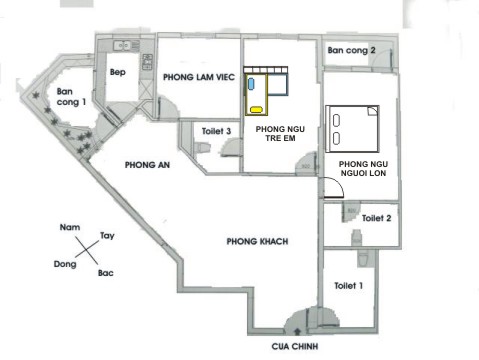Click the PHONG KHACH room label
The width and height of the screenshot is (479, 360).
click(x=257, y=241)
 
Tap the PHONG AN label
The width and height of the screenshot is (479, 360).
click(x=147, y=165)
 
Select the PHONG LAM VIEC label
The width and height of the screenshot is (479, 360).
click(x=199, y=77)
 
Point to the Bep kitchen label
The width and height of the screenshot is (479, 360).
click(x=118, y=72)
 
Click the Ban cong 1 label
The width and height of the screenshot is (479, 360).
click(x=71, y=97)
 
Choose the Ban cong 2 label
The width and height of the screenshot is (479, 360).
click(x=351, y=50)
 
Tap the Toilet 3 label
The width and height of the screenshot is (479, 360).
click(x=216, y=131)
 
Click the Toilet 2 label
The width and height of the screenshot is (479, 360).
click(x=376, y=218)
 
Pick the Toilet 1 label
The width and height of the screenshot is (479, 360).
click(x=348, y=286)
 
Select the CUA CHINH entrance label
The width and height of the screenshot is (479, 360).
click(x=295, y=346)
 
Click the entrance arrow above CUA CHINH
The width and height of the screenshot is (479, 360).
click(x=297, y=331)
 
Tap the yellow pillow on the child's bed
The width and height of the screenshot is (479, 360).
click(x=256, y=110)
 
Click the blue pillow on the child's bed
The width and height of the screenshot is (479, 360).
click(x=251, y=84)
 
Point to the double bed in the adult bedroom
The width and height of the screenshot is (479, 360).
click(x=352, y=129)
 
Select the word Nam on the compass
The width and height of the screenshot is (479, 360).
click(x=70, y=227)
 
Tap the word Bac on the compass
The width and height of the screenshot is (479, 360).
click(x=106, y=273)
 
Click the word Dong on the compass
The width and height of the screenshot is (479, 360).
click(x=65, y=264)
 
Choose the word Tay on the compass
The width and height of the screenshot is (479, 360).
click(x=107, y=236)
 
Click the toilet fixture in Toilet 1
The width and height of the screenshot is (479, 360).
click(x=363, y=259)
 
